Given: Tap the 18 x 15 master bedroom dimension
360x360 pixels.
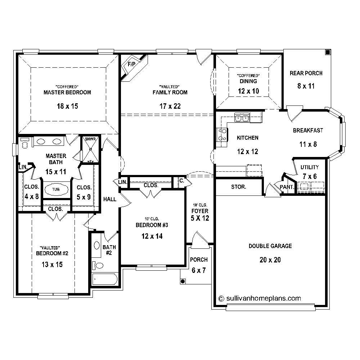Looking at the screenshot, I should click(x=67, y=106).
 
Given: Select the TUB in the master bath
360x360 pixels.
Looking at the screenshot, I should click(x=56, y=189).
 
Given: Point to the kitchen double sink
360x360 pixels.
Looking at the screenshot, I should click(x=242, y=117).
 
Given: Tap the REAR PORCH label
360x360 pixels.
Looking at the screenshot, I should click(x=306, y=73).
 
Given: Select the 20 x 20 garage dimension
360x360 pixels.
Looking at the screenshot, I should click(x=270, y=260).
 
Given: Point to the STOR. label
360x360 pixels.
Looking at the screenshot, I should click(x=238, y=187).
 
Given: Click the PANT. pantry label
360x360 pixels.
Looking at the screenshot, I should click(x=287, y=187).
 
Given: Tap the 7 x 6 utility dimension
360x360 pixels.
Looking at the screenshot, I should click(x=310, y=176).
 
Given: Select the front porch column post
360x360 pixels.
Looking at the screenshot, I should click(x=183, y=281).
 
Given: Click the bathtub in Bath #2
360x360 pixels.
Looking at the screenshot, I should click(x=105, y=279).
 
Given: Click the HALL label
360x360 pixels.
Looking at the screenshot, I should click(x=110, y=199).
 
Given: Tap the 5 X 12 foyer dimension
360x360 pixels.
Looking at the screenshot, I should click(x=199, y=218).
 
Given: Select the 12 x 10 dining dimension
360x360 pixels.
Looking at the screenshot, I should click(x=248, y=91).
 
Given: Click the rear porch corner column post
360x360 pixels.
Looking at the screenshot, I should click(x=327, y=53).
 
